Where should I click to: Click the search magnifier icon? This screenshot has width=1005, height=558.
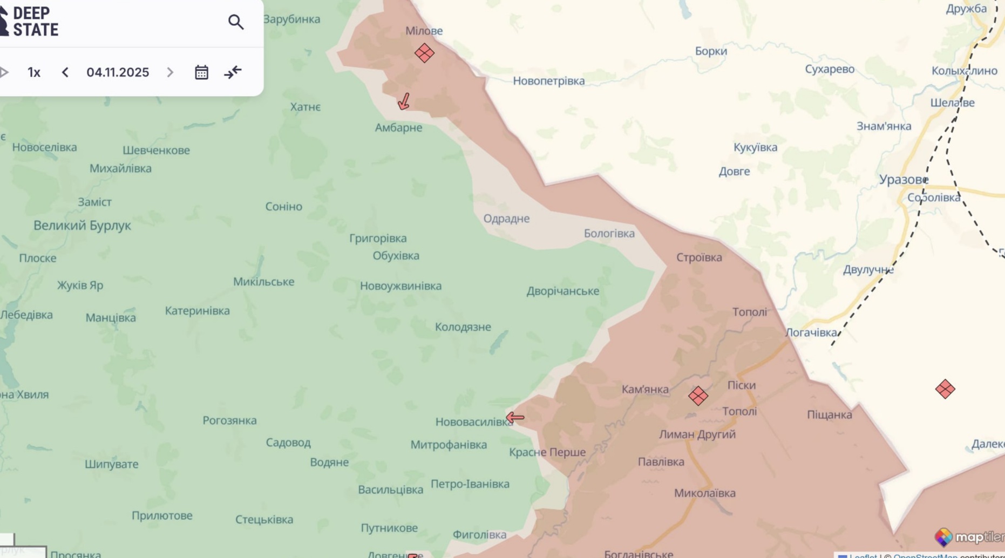point(236,22)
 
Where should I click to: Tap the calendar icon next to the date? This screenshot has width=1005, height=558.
point(201,72)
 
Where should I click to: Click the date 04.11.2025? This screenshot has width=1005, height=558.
point(118,72)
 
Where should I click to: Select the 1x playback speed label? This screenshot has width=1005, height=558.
point(34,72)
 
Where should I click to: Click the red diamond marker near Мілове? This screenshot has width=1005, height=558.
point(424,53)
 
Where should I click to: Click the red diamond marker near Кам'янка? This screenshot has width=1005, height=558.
point(698,396)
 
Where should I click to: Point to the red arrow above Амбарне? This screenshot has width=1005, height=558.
point(404,101)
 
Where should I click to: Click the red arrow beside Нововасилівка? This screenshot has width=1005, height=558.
point(515,417)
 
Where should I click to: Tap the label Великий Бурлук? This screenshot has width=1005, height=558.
point(82,226)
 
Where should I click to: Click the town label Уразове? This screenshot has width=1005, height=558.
point(903,180)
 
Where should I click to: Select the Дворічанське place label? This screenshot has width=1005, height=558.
point(562,291)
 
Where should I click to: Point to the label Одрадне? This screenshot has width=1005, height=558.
point(506,219)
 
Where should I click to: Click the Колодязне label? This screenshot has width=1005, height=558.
point(463,327)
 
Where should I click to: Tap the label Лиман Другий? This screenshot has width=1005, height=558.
point(697,434)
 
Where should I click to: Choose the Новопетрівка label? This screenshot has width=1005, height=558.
point(548,81)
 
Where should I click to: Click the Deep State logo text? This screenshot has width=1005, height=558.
point(35,22)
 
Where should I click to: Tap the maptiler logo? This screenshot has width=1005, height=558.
point(969,537)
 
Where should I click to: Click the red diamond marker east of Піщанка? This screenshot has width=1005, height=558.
point(945,389)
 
